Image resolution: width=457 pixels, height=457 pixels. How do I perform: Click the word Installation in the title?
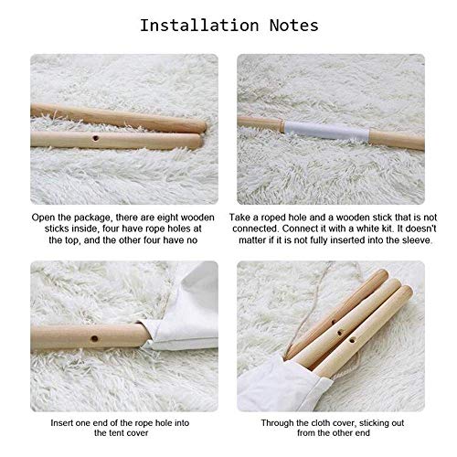[x=199, y=25]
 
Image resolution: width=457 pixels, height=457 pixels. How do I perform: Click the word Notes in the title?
[x=294, y=25]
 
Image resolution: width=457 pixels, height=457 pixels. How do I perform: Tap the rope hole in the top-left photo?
[x=95, y=138]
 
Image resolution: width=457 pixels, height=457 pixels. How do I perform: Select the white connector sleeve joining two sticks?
[x=327, y=130]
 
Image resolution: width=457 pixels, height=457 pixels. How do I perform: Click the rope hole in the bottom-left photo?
[x=94, y=338]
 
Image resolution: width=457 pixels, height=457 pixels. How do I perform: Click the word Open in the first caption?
[x=43, y=218]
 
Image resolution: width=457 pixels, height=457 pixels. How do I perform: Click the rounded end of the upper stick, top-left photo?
[x=202, y=126]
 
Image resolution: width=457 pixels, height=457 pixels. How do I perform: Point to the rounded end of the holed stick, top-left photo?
[x=197, y=143]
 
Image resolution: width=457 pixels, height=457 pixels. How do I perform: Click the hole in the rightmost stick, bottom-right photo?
[x=352, y=340]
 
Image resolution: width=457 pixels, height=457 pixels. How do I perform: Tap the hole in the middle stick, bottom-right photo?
[x=339, y=333]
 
